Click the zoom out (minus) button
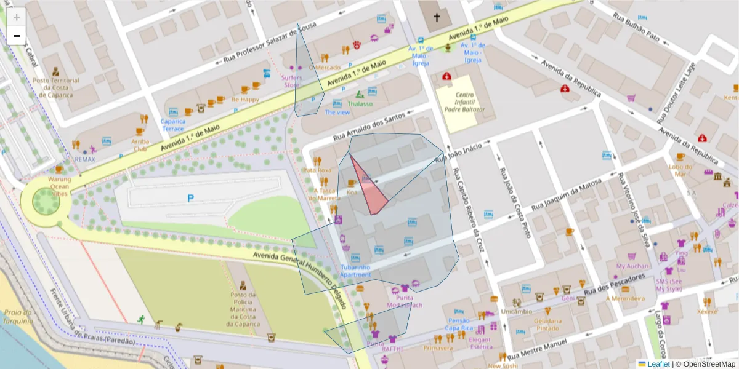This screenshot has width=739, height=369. coord(16,36)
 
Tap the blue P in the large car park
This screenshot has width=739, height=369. coord(190,198)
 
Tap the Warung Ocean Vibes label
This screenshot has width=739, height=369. coord(60,186)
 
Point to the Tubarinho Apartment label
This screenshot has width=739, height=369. coord(355,271)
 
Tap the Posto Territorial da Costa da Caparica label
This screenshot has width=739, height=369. coord(56,88)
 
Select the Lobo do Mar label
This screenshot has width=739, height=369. coord(680,170)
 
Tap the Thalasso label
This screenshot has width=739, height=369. coord(360,103)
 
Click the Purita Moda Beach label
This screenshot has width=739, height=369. coord(405,301)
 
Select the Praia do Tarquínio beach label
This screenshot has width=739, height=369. coord(17,317)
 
